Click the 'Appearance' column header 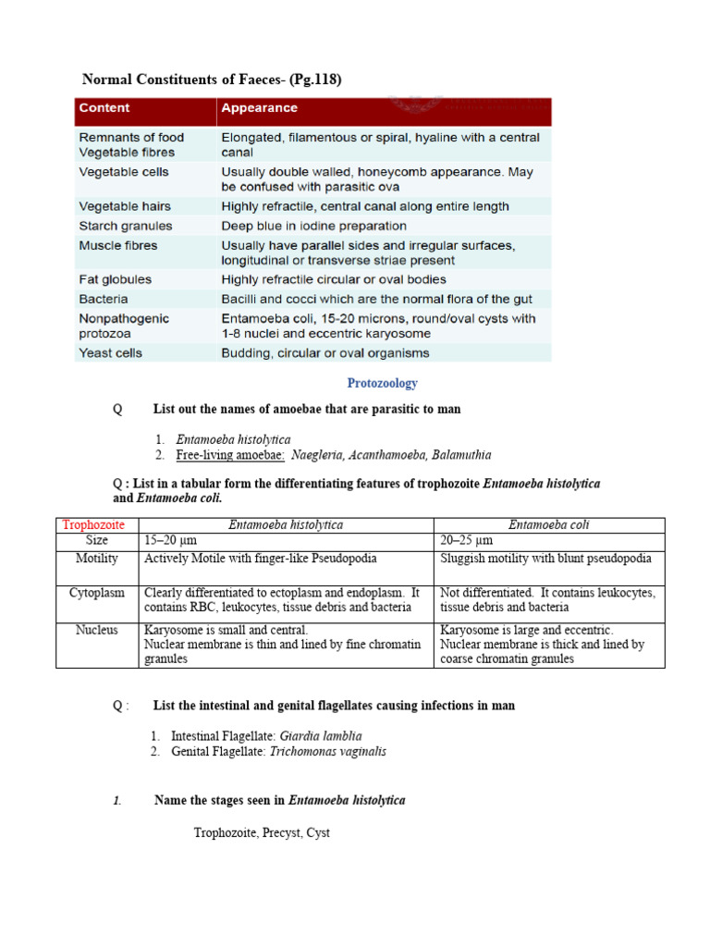pyautogui.click(x=259, y=108)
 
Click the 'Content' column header pyautogui.click(x=104, y=108)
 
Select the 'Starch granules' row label pyautogui.click(x=125, y=226)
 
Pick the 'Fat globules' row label pyautogui.click(x=115, y=279)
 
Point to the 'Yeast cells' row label pyautogui.click(x=111, y=352)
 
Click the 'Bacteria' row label pyautogui.click(x=104, y=299)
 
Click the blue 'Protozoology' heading pyautogui.click(x=382, y=383)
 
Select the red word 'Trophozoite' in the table pyautogui.click(x=93, y=524)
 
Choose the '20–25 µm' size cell pyautogui.click(x=467, y=540)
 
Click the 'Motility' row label pyautogui.click(x=96, y=559)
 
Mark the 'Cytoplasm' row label pyautogui.click(x=96, y=593)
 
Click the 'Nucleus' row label pyautogui.click(x=96, y=630)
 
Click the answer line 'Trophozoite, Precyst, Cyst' pyautogui.click(x=262, y=832)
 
